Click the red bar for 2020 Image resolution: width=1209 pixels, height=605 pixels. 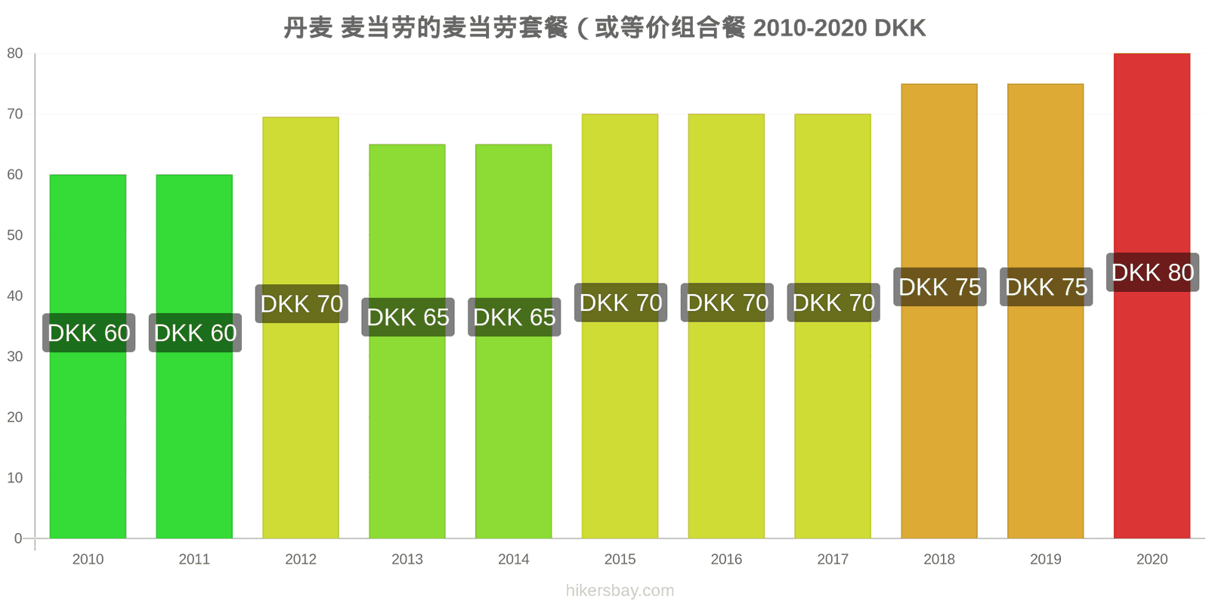click(1152, 296)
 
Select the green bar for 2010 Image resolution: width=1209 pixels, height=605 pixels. click(88, 356)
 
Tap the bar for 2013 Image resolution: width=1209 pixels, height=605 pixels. click(407, 341)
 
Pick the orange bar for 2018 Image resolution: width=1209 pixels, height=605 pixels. click(939, 311)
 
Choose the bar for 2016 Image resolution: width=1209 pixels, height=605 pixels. click(726, 326)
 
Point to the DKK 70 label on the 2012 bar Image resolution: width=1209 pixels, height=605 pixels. click(301, 303)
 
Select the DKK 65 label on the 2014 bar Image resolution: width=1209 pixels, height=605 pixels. click(515, 317)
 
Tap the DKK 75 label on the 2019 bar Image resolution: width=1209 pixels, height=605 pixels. click(1046, 287)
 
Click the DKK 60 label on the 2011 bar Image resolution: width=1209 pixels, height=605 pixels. click(196, 333)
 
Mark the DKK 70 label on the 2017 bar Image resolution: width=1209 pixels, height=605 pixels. click(833, 302)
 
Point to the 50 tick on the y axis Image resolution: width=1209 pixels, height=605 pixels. click(14, 235)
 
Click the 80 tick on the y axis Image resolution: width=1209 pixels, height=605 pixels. click(14, 54)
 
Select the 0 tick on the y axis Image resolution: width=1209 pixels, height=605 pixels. click(18, 538)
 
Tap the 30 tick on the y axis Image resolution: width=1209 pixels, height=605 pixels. click(14, 356)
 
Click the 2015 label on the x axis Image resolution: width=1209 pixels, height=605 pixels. click(620, 559)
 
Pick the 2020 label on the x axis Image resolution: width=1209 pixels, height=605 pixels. click(1152, 559)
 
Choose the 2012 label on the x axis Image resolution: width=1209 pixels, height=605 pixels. click(301, 559)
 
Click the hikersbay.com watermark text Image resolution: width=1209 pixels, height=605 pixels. click(620, 591)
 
